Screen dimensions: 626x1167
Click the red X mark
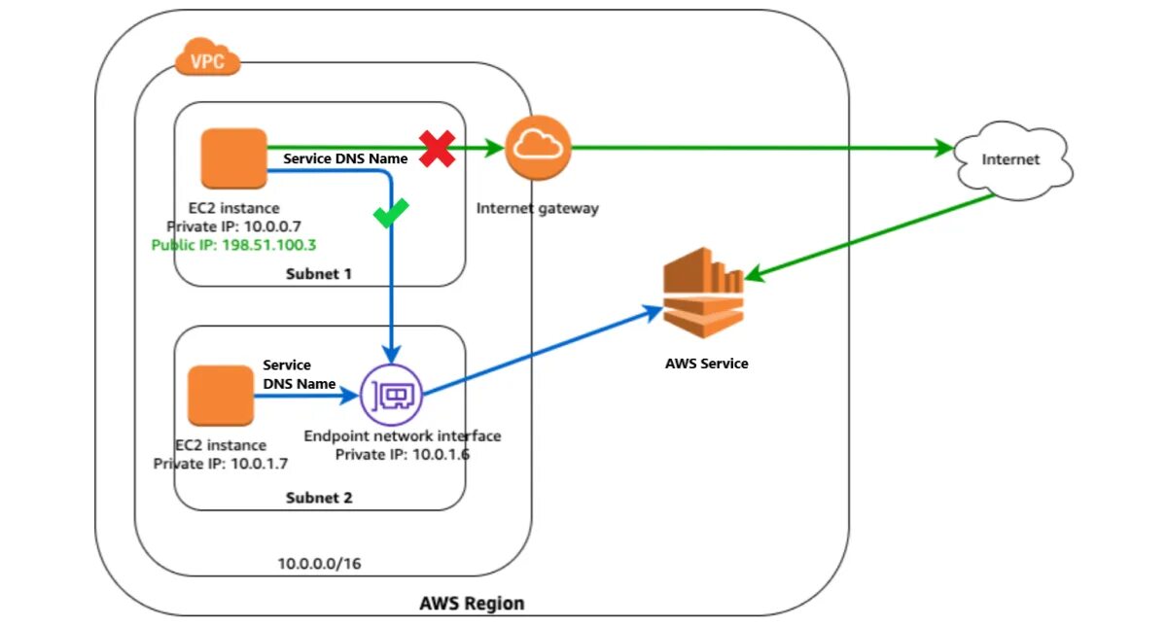click(x=438, y=150)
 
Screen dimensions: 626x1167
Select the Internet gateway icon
click(x=538, y=147)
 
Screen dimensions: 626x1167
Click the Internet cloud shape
click(x=1012, y=160)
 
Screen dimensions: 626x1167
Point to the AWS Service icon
click(x=703, y=293)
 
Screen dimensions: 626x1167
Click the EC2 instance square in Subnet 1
click(x=234, y=157)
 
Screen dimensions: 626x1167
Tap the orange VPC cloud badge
click(x=207, y=61)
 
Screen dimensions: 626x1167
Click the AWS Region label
click(x=472, y=604)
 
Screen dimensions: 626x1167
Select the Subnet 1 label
click(x=318, y=274)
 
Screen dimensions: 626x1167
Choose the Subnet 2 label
click(x=318, y=498)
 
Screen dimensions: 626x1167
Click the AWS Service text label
click(x=706, y=364)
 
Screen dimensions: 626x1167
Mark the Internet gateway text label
click(x=538, y=208)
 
